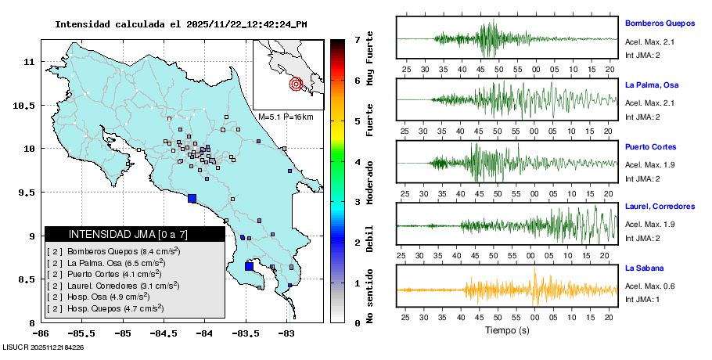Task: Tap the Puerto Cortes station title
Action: click(x=650, y=146)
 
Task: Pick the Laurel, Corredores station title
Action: click(x=660, y=207)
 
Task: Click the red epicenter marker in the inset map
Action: click(x=296, y=84)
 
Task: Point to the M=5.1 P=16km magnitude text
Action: click(x=286, y=117)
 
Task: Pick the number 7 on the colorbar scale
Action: click(x=357, y=39)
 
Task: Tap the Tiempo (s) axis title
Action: click(x=506, y=331)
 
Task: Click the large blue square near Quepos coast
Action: click(x=192, y=198)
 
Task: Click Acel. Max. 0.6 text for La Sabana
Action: click(x=649, y=286)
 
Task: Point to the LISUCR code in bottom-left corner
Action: click(x=43, y=347)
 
